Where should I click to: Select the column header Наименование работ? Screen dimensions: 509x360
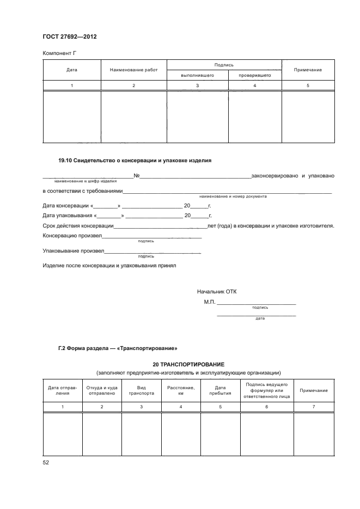click(133, 70)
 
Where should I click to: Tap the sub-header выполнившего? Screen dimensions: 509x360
click(197, 75)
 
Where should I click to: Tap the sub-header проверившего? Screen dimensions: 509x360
click(254, 75)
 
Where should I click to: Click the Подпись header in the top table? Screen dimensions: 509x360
click(224, 65)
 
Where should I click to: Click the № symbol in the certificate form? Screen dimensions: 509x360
click(137, 176)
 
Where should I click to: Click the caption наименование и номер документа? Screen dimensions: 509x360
click(233, 196)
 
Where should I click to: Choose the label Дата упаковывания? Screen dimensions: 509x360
click(68, 216)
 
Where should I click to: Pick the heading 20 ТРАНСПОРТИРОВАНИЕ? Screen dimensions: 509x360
click(188, 364)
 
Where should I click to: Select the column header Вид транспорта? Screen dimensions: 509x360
click(141, 390)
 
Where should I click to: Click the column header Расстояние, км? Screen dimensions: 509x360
click(180, 390)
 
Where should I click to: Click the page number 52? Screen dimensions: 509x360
click(46, 462)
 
